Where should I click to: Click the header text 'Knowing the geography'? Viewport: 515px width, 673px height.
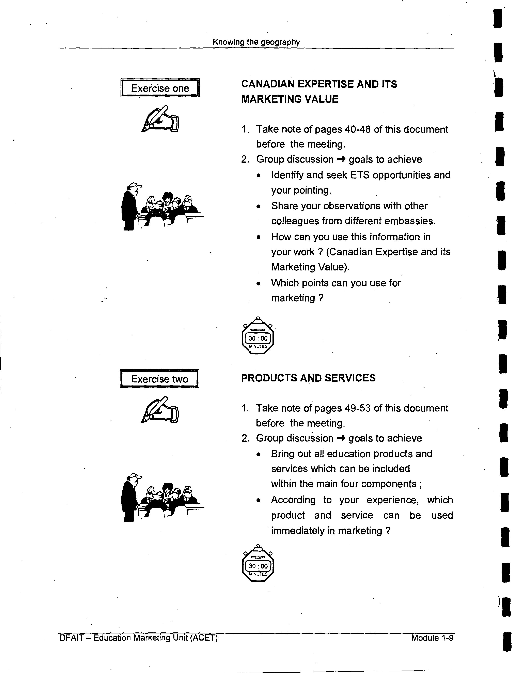[x=256, y=42]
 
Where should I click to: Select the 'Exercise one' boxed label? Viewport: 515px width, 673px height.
[x=160, y=88]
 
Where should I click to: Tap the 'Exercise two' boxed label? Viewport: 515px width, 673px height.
[x=159, y=379]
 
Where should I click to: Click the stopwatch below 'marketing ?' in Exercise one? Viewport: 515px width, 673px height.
[x=258, y=336]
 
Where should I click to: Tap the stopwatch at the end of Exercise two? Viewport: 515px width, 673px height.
[x=258, y=563]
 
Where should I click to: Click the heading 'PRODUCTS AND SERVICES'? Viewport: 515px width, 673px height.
[x=308, y=378]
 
